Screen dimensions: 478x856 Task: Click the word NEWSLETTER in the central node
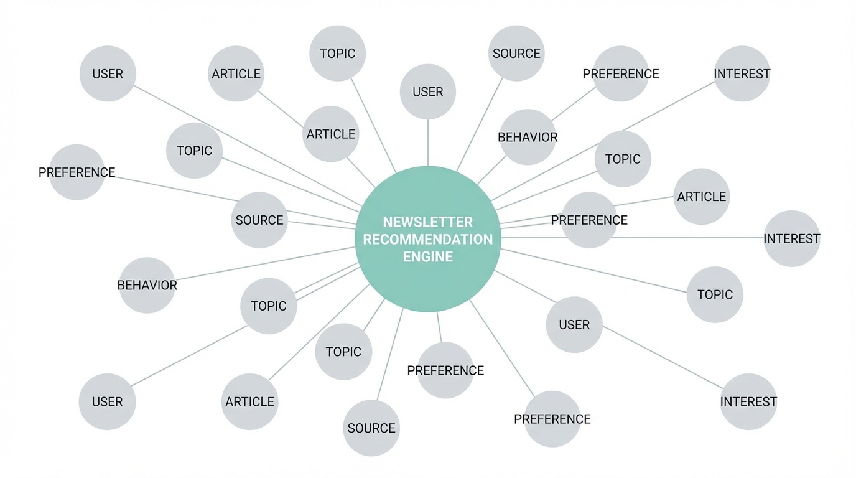coord(427,222)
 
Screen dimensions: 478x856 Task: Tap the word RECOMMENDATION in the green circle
coord(427,239)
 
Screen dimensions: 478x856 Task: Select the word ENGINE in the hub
coord(427,256)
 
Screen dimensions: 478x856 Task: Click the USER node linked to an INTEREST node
coord(574,324)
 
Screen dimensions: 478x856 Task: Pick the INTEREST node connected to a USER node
coord(748,401)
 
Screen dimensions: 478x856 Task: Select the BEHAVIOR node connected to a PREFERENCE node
coord(527,137)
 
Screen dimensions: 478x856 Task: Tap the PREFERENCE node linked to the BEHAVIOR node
coord(620,73)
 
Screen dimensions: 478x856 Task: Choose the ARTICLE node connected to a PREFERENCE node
coord(701,196)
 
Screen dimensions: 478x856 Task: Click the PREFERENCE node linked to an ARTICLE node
coord(588,220)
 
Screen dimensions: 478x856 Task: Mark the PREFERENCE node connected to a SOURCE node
coord(77,172)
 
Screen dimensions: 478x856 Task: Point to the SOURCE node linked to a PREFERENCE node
coord(259,220)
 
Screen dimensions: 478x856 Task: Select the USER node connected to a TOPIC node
coord(107,401)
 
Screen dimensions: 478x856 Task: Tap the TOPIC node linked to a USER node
coord(268,306)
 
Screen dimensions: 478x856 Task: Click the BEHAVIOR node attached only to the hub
coord(147,285)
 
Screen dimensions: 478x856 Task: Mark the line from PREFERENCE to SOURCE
coord(174,188)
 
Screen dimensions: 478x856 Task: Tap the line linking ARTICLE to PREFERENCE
coord(644,201)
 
